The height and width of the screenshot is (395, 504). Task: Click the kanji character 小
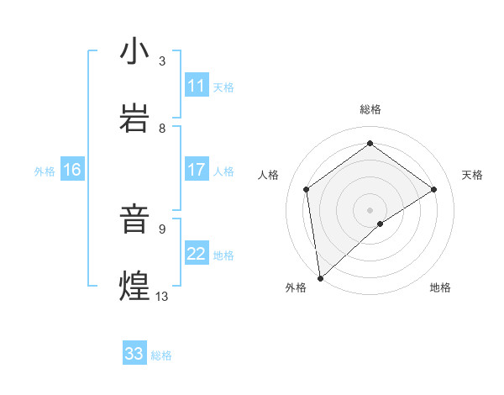coord(134,51)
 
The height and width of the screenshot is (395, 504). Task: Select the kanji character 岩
coord(134,118)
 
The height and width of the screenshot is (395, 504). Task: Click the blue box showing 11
coord(197,86)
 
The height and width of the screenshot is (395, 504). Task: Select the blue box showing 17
coord(197,170)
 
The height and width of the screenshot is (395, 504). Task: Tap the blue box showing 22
coord(197,254)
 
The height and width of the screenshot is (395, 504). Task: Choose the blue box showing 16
coord(72,170)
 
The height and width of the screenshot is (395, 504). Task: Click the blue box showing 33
coord(134,354)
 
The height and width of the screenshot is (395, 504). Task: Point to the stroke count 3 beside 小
coord(162,61)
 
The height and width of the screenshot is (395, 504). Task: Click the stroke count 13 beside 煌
coord(162,296)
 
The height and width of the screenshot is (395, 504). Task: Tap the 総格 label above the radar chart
coord(370,109)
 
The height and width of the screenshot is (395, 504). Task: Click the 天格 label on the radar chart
coord(472,175)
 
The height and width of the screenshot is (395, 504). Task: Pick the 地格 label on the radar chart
coord(440,287)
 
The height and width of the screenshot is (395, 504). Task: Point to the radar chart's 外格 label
coord(296,287)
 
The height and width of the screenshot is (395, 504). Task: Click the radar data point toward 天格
coord(434,189)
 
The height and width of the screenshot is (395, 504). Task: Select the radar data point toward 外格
coord(320,277)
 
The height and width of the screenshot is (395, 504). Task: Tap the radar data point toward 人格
coord(307,189)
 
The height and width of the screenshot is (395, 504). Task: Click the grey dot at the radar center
coord(370,209)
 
